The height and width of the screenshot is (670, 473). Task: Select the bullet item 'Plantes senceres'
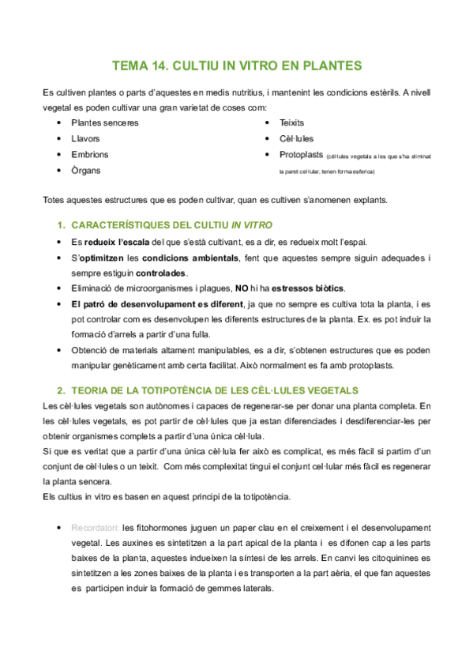tap(104, 123)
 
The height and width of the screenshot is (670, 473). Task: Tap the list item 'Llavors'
tap(85, 139)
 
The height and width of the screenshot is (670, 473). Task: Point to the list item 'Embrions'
tap(89, 155)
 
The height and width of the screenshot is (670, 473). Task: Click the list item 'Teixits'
tap(291, 123)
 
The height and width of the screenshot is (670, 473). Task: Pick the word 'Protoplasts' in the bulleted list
tap(301, 155)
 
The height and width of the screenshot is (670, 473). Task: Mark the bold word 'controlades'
tap(161, 273)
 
